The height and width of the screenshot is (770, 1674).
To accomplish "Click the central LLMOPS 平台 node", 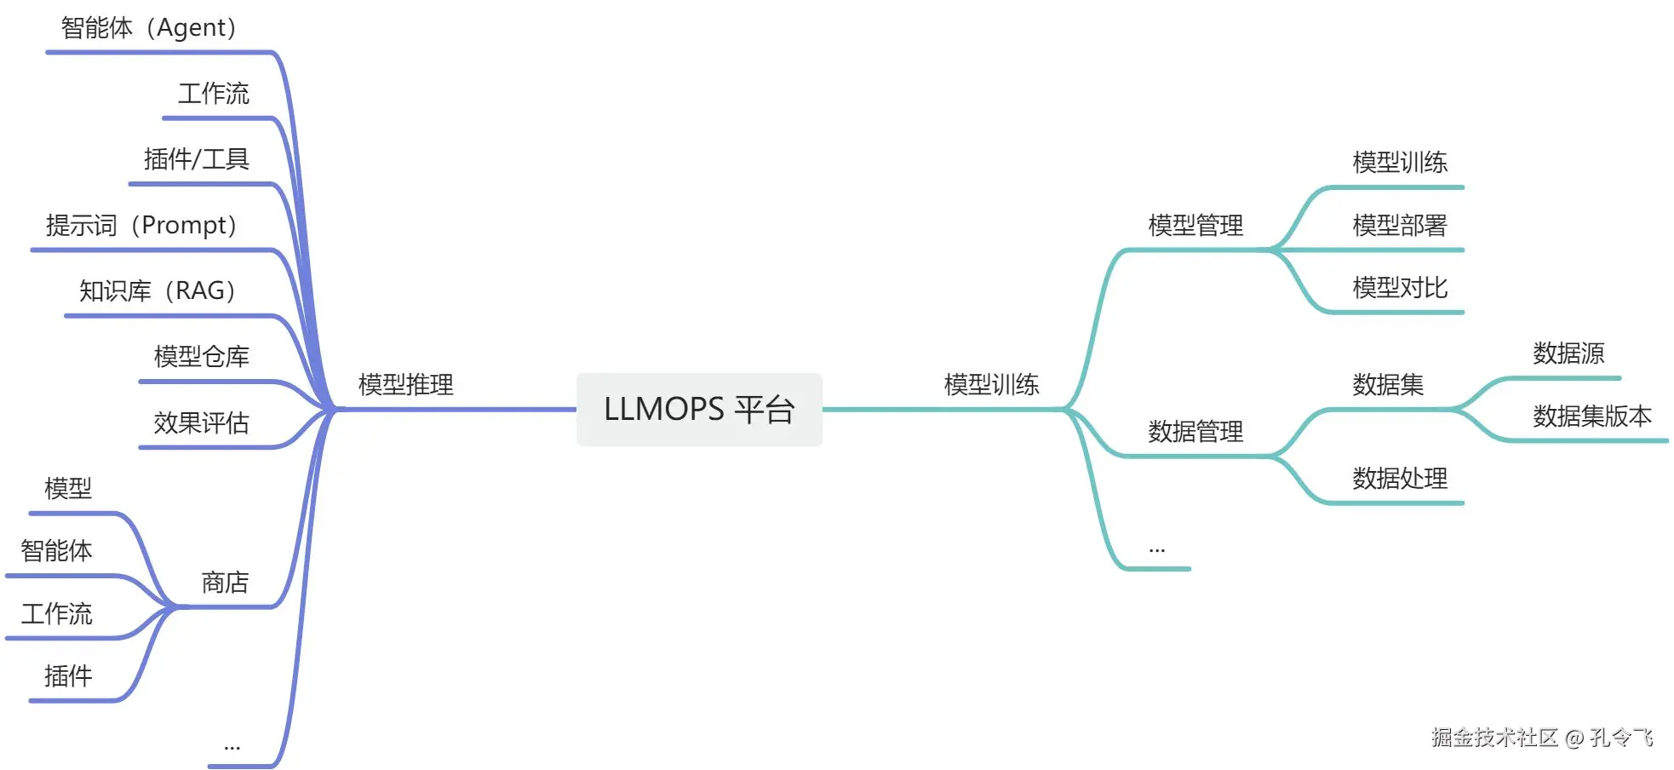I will (x=699, y=410).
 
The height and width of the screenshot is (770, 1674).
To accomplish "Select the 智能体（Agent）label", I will (x=149, y=28).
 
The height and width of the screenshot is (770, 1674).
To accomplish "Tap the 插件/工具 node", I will (x=196, y=159).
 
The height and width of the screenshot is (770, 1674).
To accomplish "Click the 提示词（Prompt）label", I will (x=141, y=226).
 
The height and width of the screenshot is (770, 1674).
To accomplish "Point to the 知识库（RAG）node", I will (x=158, y=291).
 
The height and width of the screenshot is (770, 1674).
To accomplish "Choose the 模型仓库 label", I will (x=201, y=357).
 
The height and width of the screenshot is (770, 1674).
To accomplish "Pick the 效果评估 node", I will (x=201, y=423).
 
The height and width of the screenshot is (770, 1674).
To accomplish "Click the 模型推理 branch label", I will (x=405, y=385).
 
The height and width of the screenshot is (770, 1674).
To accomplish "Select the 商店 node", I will (x=225, y=583).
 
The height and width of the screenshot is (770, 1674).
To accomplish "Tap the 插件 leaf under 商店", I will (x=68, y=676).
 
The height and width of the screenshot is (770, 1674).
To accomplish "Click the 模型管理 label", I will (x=1195, y=226).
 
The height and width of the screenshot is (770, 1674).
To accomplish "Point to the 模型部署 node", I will (x=1400, y=226).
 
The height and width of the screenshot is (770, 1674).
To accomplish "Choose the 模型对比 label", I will (x=1400, y=288).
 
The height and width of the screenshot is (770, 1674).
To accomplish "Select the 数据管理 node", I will (x=1195, y=432).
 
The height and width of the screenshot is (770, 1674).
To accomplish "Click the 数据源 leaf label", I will (x=1568, y=353).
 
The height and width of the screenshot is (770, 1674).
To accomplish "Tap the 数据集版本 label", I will (x=1592, y=417).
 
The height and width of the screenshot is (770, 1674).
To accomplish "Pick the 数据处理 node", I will (x=1400, y=479).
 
